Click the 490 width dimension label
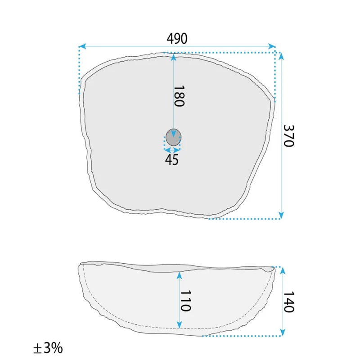coord(177,39)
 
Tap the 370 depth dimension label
coord(288,136)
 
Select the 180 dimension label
coord(179,96)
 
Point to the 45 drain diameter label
coord(171,160)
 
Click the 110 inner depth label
coord(185,301)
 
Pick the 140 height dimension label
coord(289,302)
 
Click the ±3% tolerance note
coord(48,348)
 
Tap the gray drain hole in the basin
coord(173,137)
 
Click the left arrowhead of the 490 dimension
coord(82,46)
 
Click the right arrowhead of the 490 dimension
coord(272,46)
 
